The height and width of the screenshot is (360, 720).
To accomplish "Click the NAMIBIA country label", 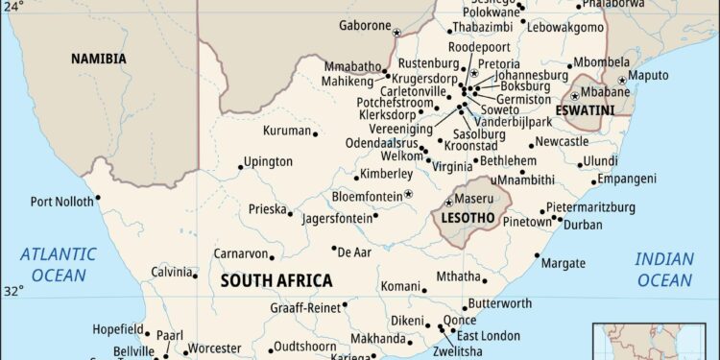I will [98, 59].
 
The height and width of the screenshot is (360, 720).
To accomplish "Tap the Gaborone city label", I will [364, 25].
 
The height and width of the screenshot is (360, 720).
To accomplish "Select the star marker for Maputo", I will [622, 81].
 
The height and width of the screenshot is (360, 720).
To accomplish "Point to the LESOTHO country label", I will [468, 218].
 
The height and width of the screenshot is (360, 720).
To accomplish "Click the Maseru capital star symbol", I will [448, 203].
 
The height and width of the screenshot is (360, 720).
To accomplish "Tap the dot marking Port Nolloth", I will [97, 199].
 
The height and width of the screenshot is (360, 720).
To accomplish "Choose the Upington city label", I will [268, 162].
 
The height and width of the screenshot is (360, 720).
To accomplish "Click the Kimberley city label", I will [385, 175].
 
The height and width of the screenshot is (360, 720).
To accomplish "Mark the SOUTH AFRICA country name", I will [276, 281].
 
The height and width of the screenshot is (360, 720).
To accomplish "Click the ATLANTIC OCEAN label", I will [59, 264].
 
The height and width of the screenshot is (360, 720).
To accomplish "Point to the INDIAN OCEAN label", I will [663, 270].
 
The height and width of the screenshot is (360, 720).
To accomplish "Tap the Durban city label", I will [583, 225].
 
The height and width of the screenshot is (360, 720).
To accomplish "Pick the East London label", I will [489, 335].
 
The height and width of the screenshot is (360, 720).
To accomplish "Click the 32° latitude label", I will [12, 290].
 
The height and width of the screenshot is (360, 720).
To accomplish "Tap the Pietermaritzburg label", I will [590, 207].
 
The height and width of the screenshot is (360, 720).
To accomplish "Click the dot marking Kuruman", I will [316, 132].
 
